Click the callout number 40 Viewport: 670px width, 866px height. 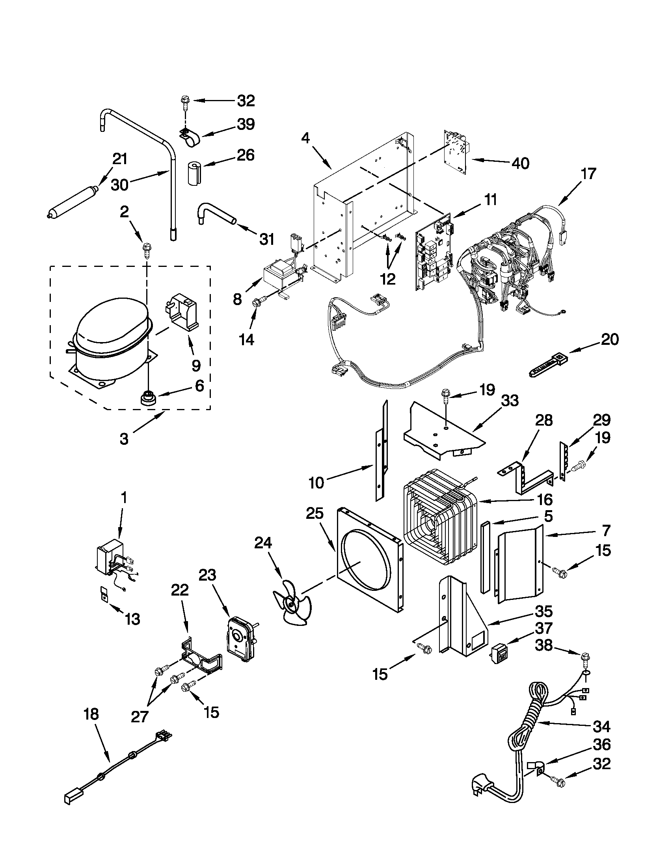pos(520,163)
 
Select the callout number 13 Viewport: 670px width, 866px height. pos(132,619)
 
